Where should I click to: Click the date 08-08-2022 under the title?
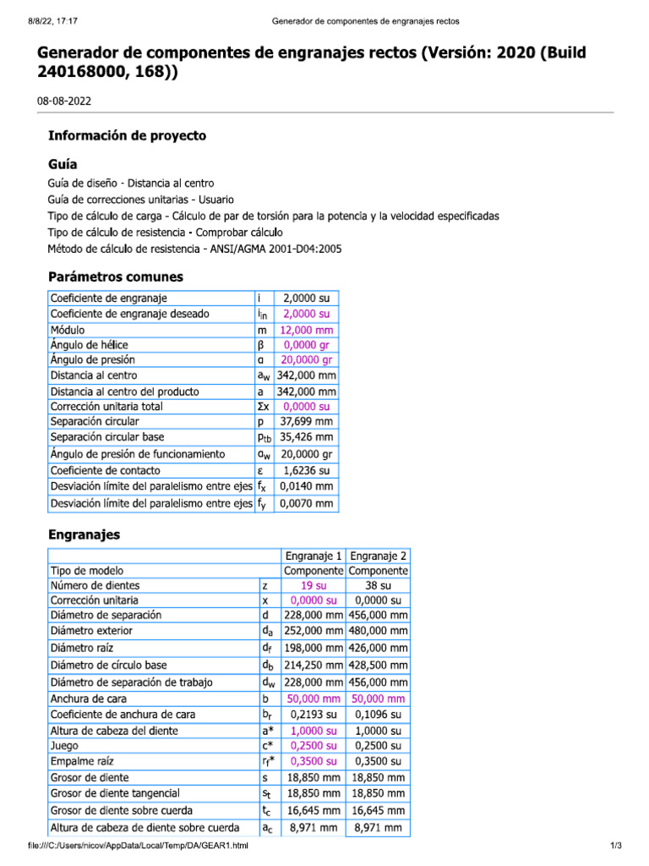point(64,101)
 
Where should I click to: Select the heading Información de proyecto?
point(127,135)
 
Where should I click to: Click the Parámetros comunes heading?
point(116,277)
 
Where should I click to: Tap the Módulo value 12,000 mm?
point(308,330)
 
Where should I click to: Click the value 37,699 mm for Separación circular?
point(308,421)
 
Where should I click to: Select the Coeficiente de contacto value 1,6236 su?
point(308,470)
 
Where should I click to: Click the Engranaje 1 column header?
point(313,556)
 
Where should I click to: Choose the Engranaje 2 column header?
point(378,556)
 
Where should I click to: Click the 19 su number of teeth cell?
point(313,585)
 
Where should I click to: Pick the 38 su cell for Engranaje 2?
point(378,585)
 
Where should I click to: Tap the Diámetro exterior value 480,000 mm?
point(378,631)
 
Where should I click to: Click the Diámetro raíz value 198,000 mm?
point(313,649)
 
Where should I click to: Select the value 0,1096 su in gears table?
point(378,715)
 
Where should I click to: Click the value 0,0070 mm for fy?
point(308,503)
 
